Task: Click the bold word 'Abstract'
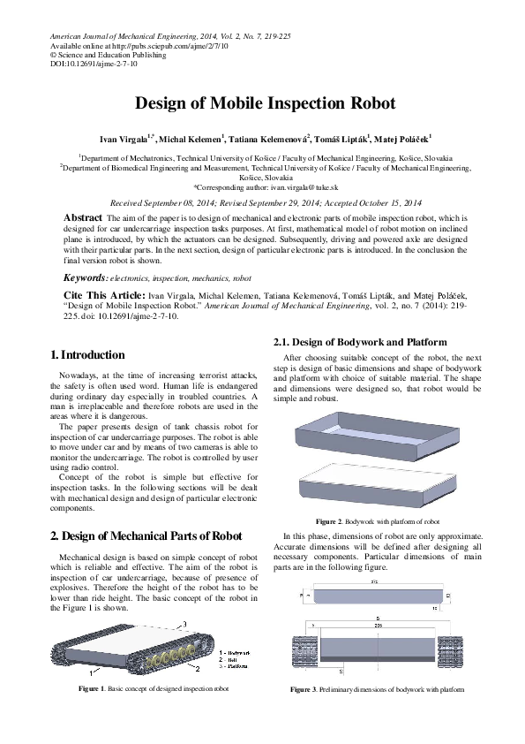(84, 216)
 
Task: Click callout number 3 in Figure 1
(185, 625)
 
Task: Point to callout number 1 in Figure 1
(67, 672)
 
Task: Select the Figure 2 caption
(377, 521)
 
